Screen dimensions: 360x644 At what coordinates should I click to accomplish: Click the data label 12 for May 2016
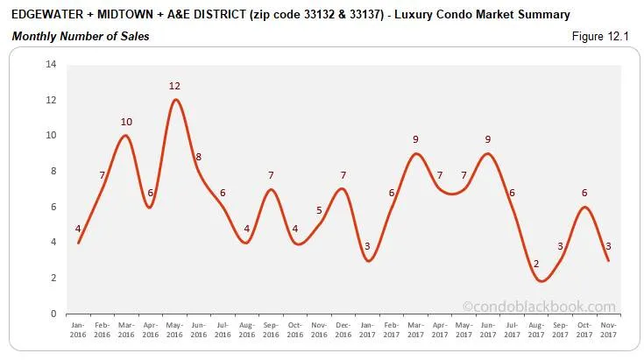point(175,86)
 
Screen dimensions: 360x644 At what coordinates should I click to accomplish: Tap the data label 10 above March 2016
point(126,122)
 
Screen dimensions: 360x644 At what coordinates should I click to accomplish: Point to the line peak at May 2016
point(175,99)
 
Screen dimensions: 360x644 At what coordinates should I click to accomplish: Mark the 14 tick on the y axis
point(51,65)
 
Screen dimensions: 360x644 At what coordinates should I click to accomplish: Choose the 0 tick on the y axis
point(53,314)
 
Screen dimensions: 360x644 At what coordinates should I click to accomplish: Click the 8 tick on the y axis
point(53,172)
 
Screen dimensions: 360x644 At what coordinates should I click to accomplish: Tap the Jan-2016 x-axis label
point(78,329)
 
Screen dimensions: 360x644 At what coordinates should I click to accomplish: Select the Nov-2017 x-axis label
point(609,329)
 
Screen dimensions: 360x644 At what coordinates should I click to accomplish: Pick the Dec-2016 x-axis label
point(343,329)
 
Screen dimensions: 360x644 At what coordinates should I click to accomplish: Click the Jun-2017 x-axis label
point(488,329)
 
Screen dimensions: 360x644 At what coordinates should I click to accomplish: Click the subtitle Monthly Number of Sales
point(80,36)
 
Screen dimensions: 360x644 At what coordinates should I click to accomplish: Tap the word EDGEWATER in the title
point(49,15)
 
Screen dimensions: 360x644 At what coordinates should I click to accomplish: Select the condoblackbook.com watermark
point(538,307)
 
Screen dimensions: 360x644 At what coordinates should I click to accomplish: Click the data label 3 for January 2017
point(366,246)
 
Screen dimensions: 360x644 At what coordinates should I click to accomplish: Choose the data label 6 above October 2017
point(584,193)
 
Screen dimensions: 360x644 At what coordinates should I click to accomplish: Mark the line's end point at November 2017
point(609,260)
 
